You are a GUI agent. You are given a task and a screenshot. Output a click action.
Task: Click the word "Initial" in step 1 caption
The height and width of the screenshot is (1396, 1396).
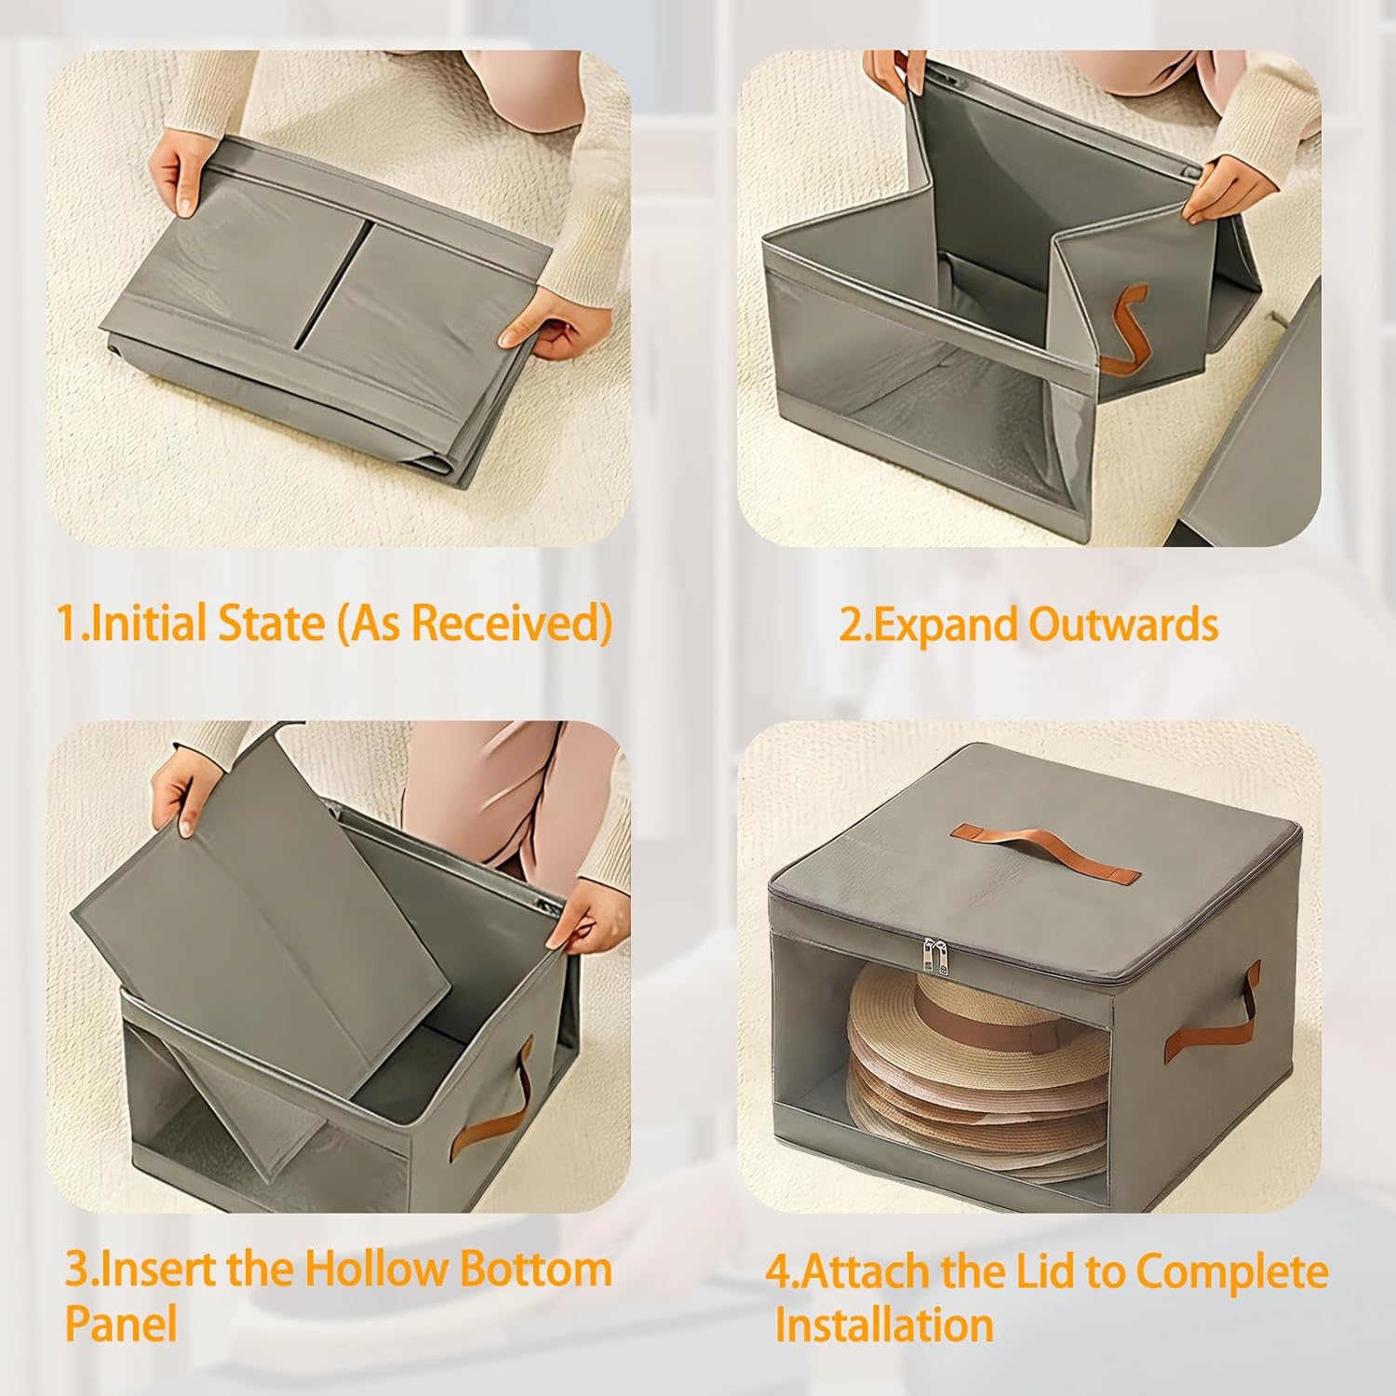coord(149,623)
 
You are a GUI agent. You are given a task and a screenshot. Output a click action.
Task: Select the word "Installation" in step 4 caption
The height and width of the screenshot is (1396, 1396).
coord(884,1324)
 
